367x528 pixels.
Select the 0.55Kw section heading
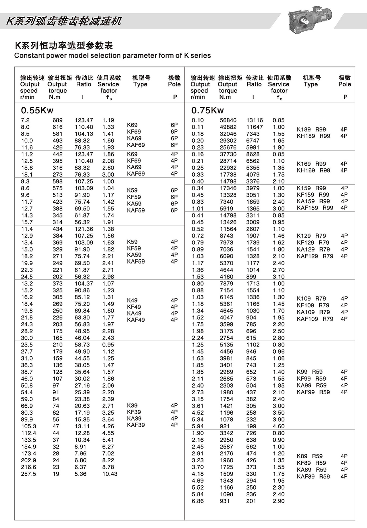37,110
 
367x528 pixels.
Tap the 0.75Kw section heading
208,110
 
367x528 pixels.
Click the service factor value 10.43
110,474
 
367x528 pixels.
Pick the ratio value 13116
255,120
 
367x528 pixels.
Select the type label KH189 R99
313,136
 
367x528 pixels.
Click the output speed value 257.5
28,474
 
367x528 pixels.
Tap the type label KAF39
136,425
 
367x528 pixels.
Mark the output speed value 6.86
198,501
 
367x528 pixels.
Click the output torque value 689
57,120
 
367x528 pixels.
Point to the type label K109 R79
311,299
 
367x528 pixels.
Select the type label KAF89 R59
313,477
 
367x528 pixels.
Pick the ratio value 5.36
80,474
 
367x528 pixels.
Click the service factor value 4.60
279,426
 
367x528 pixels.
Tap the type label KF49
134,307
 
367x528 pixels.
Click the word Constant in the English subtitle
30,56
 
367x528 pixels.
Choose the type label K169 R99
311,164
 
